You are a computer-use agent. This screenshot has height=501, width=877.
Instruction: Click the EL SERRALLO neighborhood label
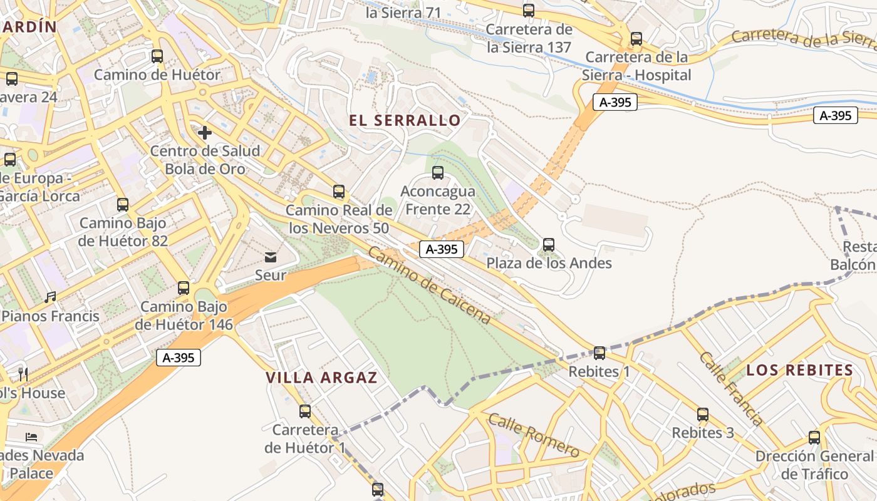(405, 120)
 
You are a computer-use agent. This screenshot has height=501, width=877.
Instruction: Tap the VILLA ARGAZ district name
(321, 378)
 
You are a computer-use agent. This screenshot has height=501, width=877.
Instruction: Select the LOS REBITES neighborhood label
(800, 370)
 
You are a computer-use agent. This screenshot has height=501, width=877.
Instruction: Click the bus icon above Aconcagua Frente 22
(438, 173)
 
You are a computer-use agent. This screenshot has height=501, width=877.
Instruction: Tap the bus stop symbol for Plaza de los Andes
(549, 245)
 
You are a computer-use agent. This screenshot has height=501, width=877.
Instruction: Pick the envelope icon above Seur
(271, 257)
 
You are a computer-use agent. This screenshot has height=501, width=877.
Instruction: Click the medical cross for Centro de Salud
(204, 133)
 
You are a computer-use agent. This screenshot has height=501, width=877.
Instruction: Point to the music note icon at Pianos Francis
(50, 297)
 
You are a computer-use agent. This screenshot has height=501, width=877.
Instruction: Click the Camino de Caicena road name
(429, 286)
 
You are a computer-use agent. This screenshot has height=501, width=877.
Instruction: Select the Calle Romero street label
(534, 435)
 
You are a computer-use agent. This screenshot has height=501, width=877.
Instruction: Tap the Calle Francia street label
(730, 388)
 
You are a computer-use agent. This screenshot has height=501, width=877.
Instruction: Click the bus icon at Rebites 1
(599, 353)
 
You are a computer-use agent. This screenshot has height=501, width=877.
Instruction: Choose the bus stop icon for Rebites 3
(703, 415)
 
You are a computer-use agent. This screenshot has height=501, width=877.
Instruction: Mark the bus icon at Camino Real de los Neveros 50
(339, 192)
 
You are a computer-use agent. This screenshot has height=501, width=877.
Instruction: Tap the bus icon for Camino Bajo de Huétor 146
(184, 288)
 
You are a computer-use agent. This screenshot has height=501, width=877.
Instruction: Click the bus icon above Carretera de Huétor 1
(305, 411)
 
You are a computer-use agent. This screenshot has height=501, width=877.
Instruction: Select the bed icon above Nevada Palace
(31, 436)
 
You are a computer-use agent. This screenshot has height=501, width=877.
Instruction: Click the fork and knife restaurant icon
(23, 374)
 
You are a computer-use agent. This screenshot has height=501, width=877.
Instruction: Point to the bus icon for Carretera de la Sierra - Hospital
(636, 39)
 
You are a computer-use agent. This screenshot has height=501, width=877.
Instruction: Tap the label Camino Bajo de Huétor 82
(123, 232)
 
